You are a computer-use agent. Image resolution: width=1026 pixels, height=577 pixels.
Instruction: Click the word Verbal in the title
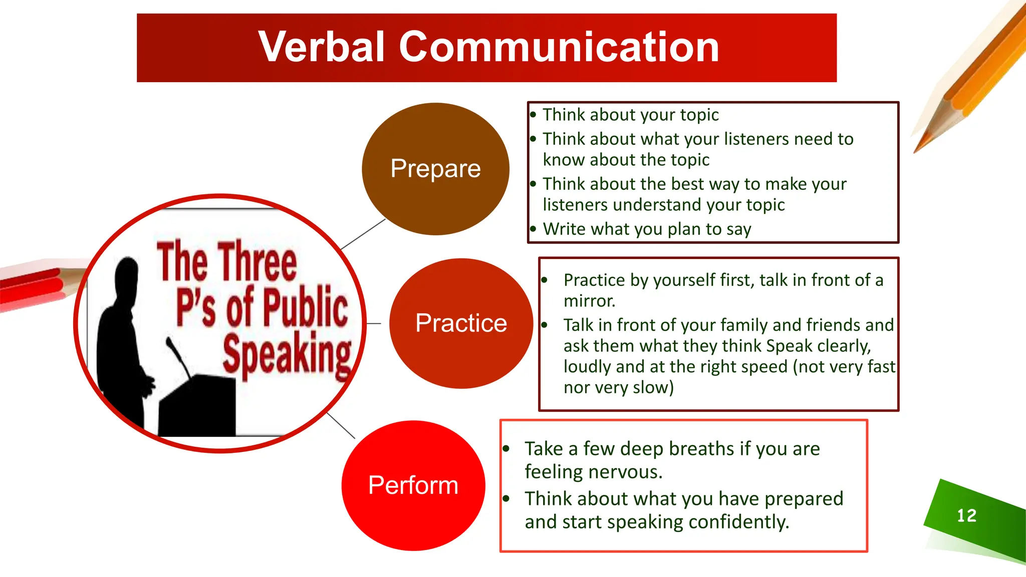tap(321, 47)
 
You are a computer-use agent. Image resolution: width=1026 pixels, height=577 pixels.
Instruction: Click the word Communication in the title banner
tap(559, 47)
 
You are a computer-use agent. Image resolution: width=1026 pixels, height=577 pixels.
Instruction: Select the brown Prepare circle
tap(435, 169)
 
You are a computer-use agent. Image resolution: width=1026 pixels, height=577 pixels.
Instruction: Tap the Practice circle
tap(461, 323)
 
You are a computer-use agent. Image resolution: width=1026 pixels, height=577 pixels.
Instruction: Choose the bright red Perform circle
tap(413, 485)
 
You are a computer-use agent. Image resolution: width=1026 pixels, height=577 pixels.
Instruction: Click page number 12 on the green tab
tap(966, 516)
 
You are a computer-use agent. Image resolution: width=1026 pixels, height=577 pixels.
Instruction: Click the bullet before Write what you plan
tap(533, 229)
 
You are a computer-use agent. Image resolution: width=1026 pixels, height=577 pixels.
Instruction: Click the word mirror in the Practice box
tap(589, 301)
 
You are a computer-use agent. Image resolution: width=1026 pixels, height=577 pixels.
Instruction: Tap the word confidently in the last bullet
tap(738, 522)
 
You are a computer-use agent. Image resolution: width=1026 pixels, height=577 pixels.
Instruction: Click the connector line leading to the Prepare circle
tap(363, 234)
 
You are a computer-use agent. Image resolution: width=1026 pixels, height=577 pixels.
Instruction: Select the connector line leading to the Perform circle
tap(341, 426)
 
